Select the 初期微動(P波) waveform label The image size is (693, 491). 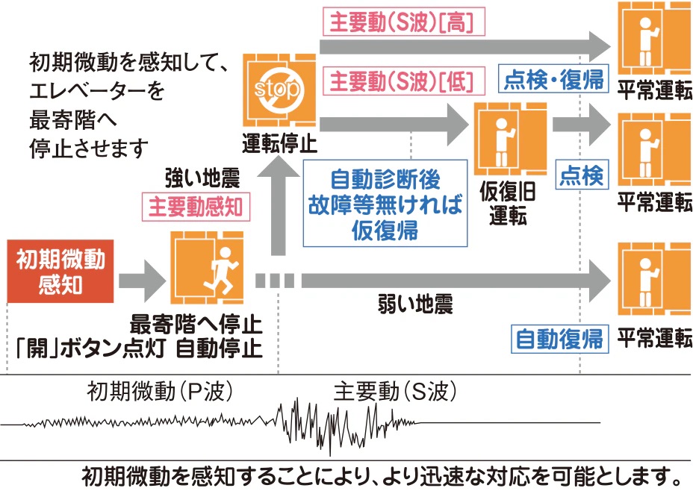[160, 390]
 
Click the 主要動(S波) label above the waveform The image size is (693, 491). [395, 390]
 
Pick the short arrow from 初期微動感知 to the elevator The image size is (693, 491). [141, 281]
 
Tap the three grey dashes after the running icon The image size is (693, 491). [275, 281]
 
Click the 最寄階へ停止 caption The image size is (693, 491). [196, 325]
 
